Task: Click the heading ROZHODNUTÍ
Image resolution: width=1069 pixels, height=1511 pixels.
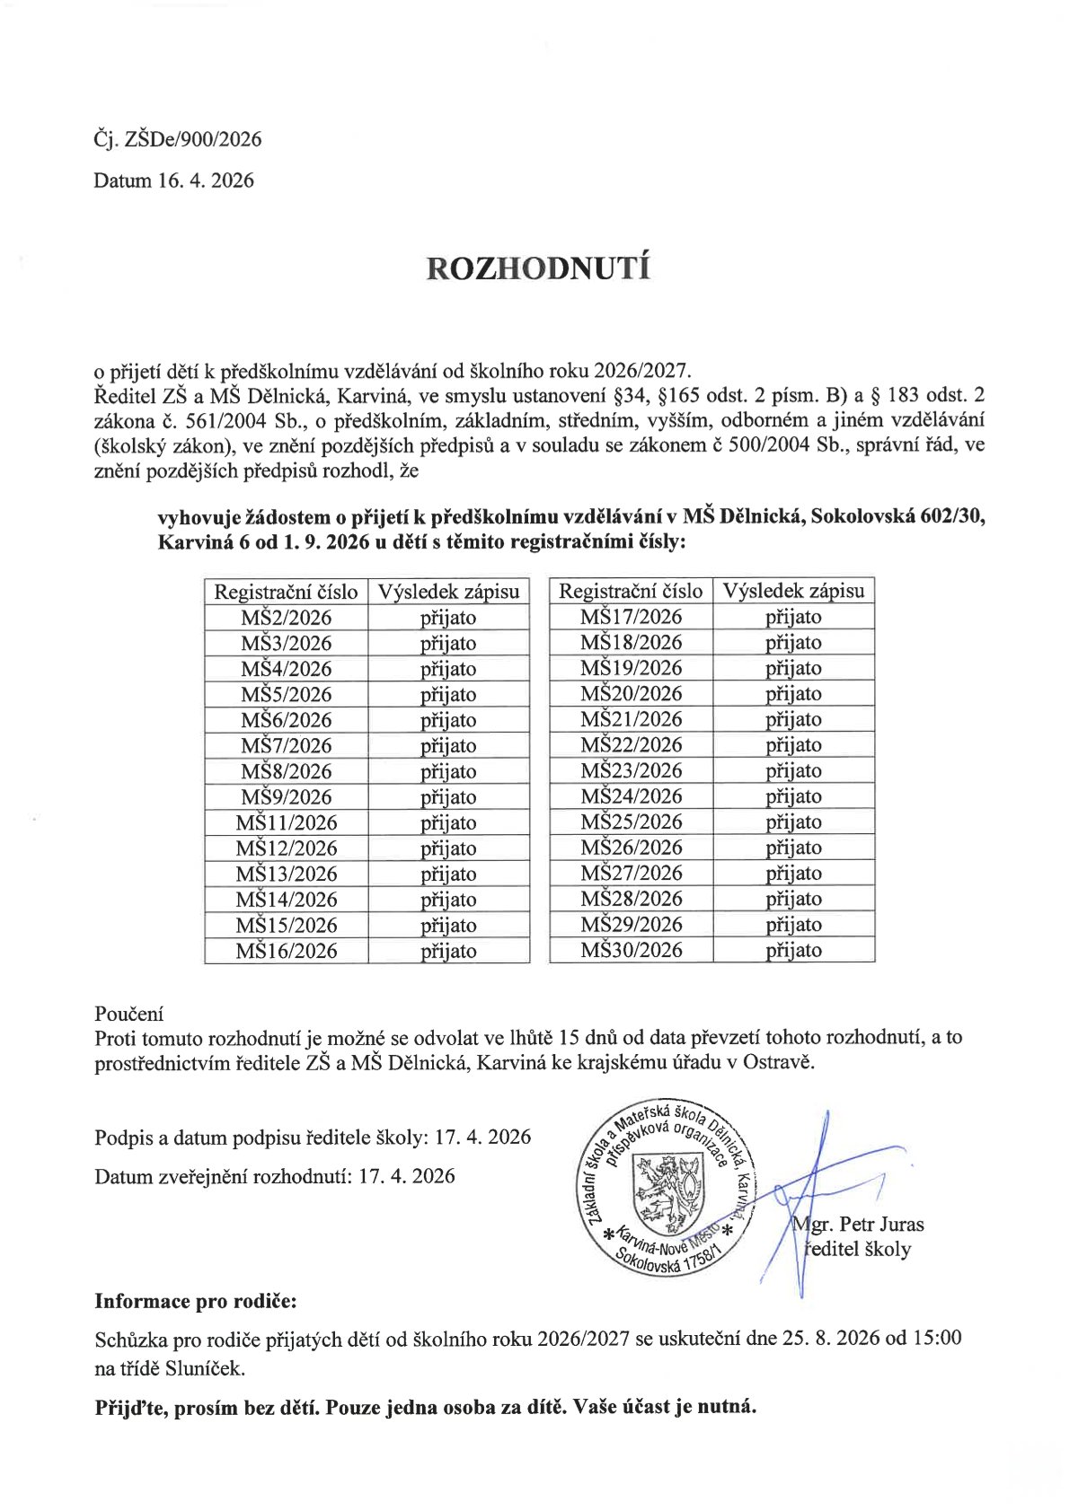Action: pyautogui.click(x=537, y=268)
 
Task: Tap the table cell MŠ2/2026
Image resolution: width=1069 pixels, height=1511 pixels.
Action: pyautogui.click(x=286, y=618)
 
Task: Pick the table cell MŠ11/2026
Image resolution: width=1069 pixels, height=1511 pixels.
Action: pyautogui.click(x=286, y=822)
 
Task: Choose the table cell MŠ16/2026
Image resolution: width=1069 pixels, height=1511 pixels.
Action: pyautogui.click(x=286, y=951)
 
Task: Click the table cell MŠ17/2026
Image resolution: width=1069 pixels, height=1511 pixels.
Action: pyautogui.click(x=631, y=617)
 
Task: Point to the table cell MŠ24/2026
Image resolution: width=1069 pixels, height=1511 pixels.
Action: pyautogui.click(x=631, y=796)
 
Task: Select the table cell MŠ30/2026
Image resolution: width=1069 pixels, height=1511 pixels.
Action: pyautogui.click(x=631, y=950)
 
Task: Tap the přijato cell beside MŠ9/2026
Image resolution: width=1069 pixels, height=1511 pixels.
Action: pyautogui.click(x=448, y=797)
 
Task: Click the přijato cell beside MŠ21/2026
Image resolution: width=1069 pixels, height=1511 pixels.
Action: pyautogui.click(x=793, y=719)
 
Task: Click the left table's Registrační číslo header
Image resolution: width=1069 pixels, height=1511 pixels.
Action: pyautogui.click(x=286, y=592)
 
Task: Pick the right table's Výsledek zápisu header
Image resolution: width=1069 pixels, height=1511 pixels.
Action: pyautogui.click(x=793, y=591)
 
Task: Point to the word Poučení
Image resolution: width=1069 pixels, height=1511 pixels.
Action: pyautogui.click(x=129, y=1014)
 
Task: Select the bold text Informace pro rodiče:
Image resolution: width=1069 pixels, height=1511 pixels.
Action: pyautogui.click(x=195, y=1301)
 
